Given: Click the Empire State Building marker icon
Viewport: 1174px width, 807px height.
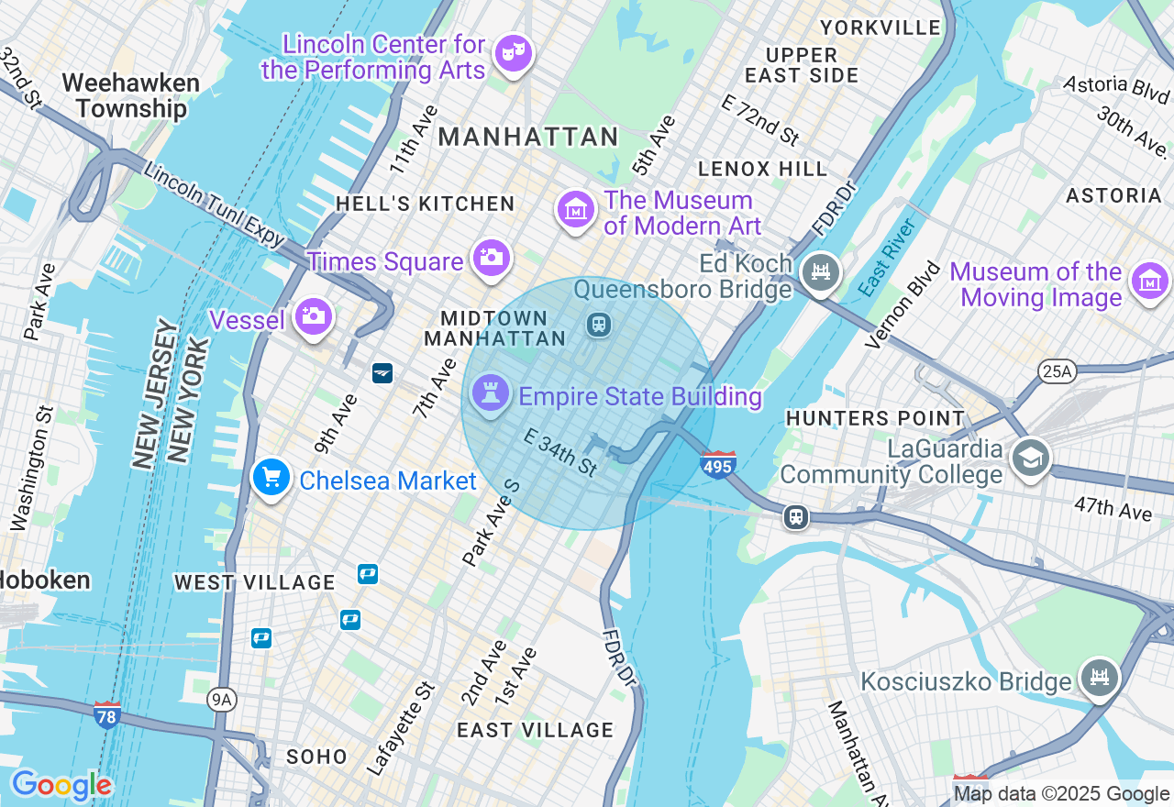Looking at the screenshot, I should tap(490, 394).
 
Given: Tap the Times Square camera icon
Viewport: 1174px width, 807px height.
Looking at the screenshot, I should tap(492, 258).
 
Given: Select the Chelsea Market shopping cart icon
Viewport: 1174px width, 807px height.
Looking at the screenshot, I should tap(271, 478).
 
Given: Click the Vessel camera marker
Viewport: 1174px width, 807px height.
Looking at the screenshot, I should tap(314, 316).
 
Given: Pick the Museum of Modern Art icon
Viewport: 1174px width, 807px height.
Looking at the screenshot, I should tap(575, 210).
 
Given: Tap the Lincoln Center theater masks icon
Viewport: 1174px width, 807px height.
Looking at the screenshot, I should tap(513, 52).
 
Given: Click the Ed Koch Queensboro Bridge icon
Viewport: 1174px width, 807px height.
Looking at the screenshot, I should tap(821, 272).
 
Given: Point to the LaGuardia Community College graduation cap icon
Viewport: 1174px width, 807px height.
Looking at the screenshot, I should tap(1030, 458).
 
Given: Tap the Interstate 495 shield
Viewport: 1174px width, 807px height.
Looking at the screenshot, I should tap(718, 465).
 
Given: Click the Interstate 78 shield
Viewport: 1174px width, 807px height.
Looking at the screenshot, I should tap(107, 714).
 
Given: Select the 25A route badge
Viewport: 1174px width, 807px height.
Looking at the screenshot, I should tap(1058, 371).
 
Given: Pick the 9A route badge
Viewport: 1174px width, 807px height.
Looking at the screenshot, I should tap(221, 701).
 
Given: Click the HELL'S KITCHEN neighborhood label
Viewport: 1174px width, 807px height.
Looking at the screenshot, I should tap(425, 204).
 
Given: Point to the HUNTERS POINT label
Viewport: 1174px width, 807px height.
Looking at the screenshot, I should tap(875, 418).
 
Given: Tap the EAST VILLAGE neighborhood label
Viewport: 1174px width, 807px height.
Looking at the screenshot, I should tap(535, 730).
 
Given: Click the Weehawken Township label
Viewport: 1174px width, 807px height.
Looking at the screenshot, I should tap(131, 95).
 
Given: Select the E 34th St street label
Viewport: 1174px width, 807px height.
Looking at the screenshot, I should tap(560, 452).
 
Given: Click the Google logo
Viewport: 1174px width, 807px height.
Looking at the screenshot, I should tap(61, 785).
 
